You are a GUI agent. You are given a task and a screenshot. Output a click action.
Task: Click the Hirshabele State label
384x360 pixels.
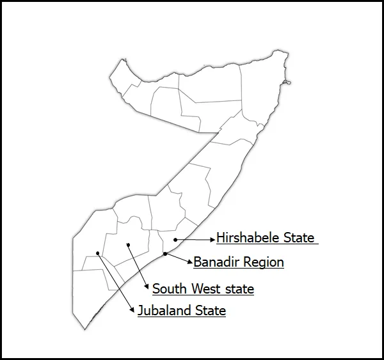[x=266, y=238]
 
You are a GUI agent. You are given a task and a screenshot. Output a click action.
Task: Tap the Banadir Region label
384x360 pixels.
[x=239, y=262]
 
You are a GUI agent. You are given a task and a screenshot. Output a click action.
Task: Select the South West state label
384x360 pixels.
[x=203, y=289]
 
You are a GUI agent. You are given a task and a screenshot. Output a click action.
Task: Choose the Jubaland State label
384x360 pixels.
[x=182, y=311]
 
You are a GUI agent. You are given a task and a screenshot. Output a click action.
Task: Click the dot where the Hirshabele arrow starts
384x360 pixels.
[x=175, y=239]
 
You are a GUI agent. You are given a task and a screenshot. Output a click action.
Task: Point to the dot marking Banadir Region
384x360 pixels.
[x=165, y=254]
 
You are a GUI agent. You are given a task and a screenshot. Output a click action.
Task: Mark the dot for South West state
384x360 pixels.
[x=128, y=244]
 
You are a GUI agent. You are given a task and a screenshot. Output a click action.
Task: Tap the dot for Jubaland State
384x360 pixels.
[x=97, y=253]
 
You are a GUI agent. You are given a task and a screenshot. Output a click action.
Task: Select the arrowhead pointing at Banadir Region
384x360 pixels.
[x=190, y=262]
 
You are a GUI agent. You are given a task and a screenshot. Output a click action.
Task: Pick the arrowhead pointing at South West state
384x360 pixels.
[x=148, y=288]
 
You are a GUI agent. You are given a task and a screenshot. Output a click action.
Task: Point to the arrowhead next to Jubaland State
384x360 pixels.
[x=134, y=310]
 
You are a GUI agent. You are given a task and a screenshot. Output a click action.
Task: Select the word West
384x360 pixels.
[x=206, y=289]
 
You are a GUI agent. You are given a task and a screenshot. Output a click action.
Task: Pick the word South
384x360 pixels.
[x=170, y=289]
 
